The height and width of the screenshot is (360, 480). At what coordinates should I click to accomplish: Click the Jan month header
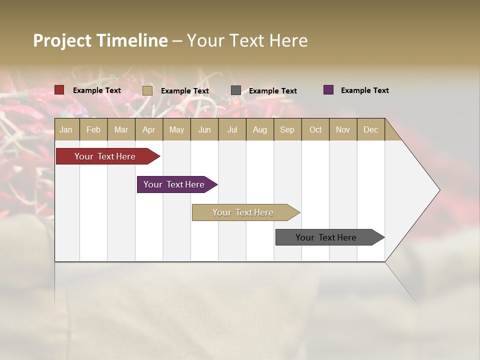click(x=66, y=129)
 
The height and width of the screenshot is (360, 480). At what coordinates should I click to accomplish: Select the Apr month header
click(x=148, y=129)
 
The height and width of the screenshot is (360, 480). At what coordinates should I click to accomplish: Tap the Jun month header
click(x=204, y=129)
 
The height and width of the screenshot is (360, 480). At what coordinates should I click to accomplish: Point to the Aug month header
click(x=259, y=129)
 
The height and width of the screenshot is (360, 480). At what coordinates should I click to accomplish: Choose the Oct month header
click(x=315, y=129)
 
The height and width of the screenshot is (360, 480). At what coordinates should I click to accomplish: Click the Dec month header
click(x=370, y=129)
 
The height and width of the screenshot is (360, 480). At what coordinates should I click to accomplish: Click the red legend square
click(x=59, y=90)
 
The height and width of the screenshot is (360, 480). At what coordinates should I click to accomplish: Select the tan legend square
click(x=147, y=90)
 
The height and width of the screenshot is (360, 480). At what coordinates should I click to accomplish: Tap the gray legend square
click(x=236, y=90)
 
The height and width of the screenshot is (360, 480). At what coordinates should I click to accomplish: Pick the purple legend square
click(x=328, y=90)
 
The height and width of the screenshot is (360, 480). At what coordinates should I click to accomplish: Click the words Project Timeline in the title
click(x=100, y=40)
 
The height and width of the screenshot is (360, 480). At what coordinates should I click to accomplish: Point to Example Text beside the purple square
click(x=364, y=90)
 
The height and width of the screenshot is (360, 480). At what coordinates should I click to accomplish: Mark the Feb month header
click(x=93, y=129)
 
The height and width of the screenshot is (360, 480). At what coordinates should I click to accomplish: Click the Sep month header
click(x=287, y=129)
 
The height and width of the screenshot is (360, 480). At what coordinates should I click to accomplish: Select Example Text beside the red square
click(x=96, y=90)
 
